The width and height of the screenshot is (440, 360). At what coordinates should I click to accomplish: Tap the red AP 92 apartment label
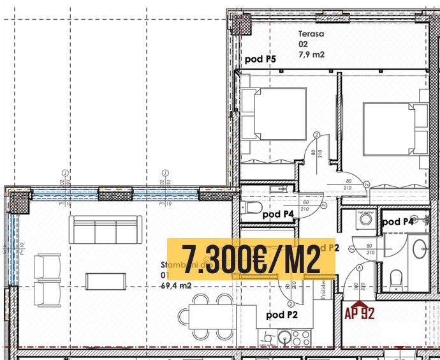[359, 313]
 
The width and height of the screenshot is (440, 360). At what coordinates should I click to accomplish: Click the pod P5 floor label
[260, 59]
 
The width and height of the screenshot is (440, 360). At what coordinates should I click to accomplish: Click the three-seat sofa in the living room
[106, 229]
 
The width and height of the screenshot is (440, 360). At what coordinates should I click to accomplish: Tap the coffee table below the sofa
[102, 280]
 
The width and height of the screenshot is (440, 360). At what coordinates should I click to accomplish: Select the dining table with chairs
[206, 316]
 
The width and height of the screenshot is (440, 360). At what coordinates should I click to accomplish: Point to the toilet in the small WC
[253, 206]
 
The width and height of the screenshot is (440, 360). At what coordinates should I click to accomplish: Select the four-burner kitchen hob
[303, 338]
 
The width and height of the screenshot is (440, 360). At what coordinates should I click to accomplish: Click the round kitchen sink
[284, 338]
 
